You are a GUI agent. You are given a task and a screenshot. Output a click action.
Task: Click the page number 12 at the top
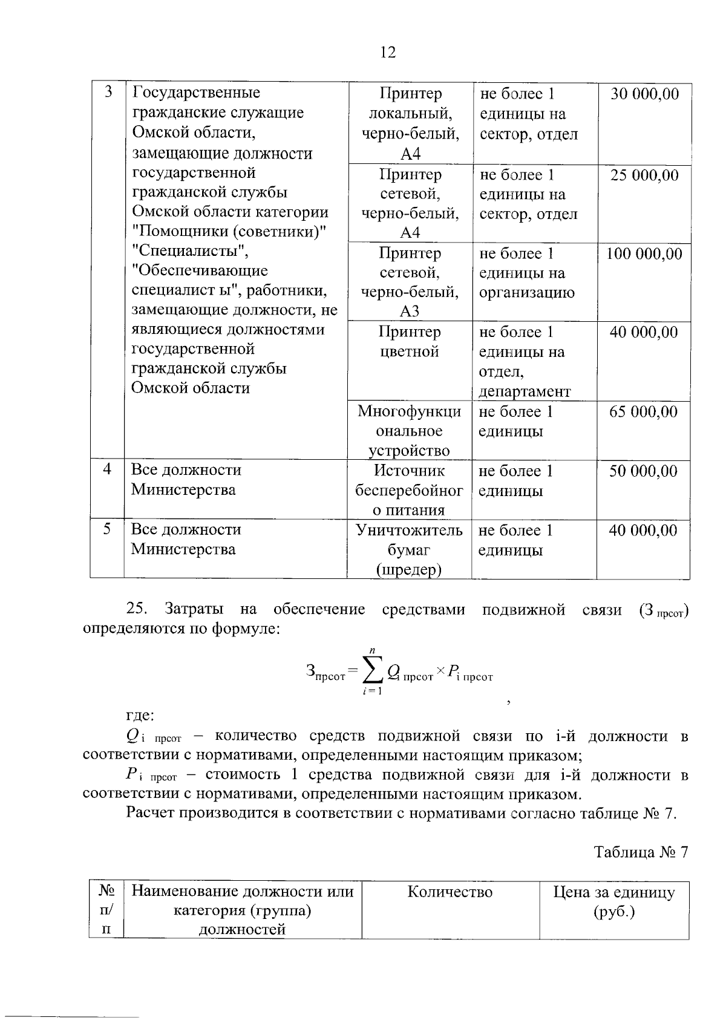click(x=388, y=53)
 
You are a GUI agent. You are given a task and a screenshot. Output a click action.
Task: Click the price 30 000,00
click(x=644, y=94)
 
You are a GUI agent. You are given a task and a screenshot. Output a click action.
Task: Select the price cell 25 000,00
click(x=644, y=175)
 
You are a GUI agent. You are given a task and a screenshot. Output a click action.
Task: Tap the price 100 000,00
click(x=644, y=254)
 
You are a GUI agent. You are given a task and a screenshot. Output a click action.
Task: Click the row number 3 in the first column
click(x=108, y=93)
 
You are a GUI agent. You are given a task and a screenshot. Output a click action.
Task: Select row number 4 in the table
click(x=107, y=469)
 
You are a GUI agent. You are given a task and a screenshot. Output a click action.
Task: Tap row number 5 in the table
click(x=107, y=529)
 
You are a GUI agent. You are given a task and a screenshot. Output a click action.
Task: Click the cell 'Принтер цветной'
click(x=410, y=342)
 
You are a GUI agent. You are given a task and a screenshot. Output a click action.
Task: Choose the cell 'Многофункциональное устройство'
click(x=410, y=431)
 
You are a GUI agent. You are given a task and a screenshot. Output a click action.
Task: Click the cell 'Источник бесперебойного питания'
click(x=409, y=490)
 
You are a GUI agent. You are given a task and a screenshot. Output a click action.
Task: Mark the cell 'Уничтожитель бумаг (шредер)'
click(x=409, y=550)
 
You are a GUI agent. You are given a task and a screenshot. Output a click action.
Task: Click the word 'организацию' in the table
click(x=526, y=293)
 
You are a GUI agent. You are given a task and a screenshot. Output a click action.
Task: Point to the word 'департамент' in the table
click(x=525, y=392)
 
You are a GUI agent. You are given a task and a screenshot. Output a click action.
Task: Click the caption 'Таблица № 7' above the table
click(x=641, y=852)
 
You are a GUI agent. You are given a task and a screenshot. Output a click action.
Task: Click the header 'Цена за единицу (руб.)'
click(x=613, y=902)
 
